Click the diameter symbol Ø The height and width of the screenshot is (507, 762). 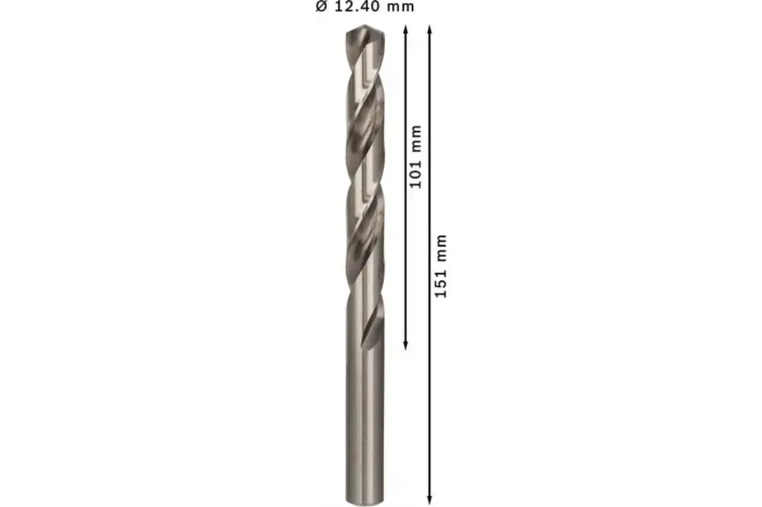coord(321,7)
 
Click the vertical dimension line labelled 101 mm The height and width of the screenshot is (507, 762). coord(406,245)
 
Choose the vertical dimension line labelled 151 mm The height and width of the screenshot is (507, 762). coord(430,372)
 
